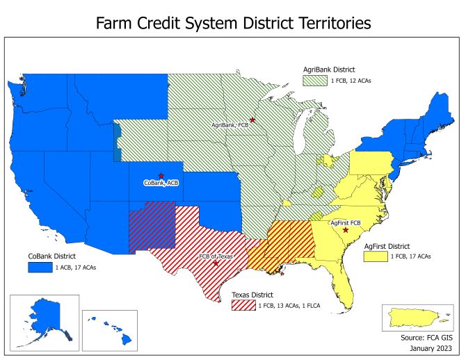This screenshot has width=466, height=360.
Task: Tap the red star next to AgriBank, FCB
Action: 252,120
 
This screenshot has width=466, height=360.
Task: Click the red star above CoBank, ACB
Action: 161,176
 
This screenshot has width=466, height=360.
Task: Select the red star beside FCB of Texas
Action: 215,263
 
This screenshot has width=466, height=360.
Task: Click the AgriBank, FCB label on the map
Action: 230,126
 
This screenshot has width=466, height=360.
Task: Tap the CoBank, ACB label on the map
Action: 161,183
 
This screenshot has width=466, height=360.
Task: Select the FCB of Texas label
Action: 214,256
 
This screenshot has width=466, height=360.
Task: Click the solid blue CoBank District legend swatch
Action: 40,267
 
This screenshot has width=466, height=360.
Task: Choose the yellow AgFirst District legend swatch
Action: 376,256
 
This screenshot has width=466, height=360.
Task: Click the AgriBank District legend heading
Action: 329,69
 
